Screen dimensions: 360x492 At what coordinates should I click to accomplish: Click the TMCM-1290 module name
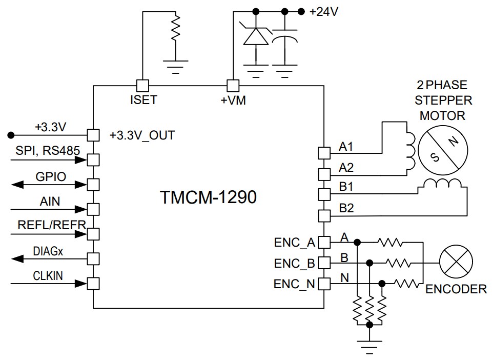pyautogui.click(x=208, y=198)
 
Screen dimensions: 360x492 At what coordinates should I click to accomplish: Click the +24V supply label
pyautogui.click(x=324, y=12)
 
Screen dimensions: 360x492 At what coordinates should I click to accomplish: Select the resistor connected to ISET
pyautogui.click(x=176, y=28)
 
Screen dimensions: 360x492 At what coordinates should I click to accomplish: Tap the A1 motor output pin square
pyautogui.click(x=324, y=152)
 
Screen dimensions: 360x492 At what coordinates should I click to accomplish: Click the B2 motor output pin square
pyautogui.click(x=324, y=215)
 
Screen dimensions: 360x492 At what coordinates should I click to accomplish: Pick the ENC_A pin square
pyautogui.click(x=324, y=242)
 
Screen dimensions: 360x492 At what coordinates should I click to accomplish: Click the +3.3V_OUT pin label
pyautogui.click(x=142, y=136)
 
